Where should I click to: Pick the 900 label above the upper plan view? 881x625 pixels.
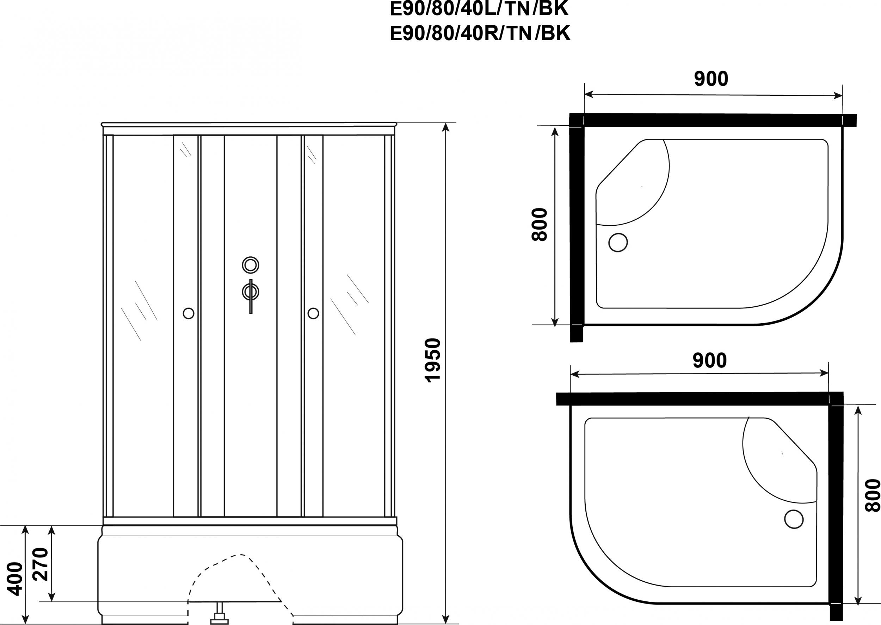[711, 79]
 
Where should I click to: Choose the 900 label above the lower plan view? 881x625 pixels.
[709, 361]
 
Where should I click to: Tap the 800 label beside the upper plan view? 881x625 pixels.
[540, 225]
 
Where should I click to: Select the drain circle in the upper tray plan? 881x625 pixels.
[618, 243]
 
